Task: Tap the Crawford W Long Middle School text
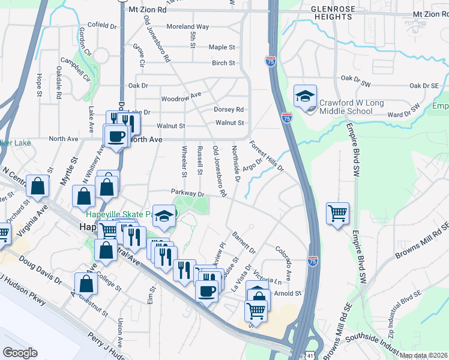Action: click(x=351, y=107)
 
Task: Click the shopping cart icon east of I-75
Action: click(x=338, y=213)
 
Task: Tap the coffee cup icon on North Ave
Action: click(x=116, y=136)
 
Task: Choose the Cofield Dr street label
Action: click(x=102, y=26)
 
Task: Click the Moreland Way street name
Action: click(x=187, y=27)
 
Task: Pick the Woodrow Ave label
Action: click(x=181, y=97)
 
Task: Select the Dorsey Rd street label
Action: click(x=229, y=110)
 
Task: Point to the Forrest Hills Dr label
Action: click(x=266, y=155)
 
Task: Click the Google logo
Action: click(x=20, y=353)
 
